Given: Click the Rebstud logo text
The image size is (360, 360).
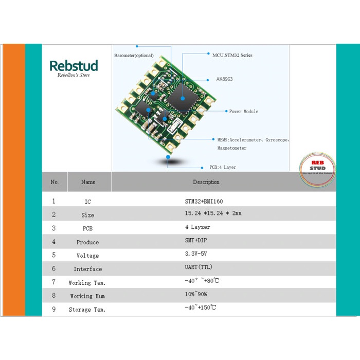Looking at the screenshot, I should point(74,66).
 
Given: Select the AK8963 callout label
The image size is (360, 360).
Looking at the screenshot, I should point(224,80).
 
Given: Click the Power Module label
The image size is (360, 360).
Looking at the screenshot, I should point(243,112).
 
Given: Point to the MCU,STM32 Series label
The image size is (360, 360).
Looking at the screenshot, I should point(232,55).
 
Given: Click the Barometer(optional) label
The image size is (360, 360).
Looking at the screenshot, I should point(134,56).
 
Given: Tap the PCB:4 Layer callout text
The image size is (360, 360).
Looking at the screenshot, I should point(222,167).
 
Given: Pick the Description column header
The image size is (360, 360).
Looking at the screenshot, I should point(206,182).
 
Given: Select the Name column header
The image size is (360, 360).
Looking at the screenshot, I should point(88,182).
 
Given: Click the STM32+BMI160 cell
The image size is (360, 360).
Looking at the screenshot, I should point(204,201).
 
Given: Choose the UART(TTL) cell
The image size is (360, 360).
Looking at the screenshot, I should point(199,267).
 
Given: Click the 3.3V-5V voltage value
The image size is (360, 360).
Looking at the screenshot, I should point(195,254).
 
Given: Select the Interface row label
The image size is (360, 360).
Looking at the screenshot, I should point(87,269).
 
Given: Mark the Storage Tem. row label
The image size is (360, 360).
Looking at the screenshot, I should point(87,310).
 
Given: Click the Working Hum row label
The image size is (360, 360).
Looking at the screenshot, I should point(87,296).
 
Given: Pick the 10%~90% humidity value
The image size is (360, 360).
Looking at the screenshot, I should point(196,295).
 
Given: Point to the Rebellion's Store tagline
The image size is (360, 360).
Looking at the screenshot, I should point(74,75).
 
